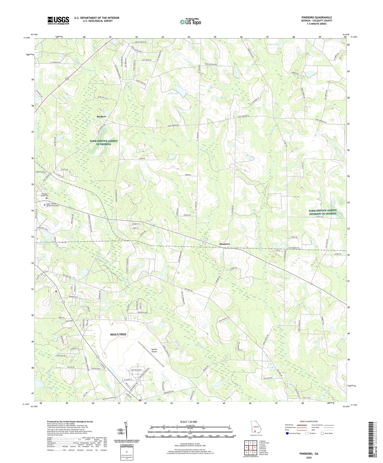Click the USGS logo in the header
tap(58, 20)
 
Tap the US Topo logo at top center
tap(190, 22)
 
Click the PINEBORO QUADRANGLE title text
tap(316, 18)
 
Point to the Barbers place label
tap(101, 116)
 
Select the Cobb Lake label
tap(173, 93)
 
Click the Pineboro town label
tap(224, 244)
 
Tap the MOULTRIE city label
tap(118, 334)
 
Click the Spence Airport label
tap(154, 351)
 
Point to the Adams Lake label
tap(273, 44)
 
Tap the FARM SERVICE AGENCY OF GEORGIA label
tap(104, 142)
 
